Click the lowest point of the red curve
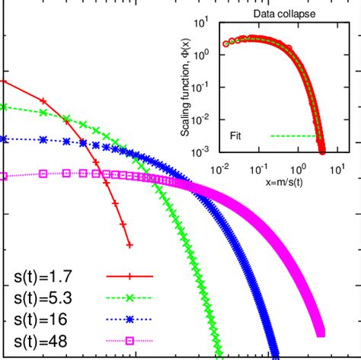click(x=129, y=245)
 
